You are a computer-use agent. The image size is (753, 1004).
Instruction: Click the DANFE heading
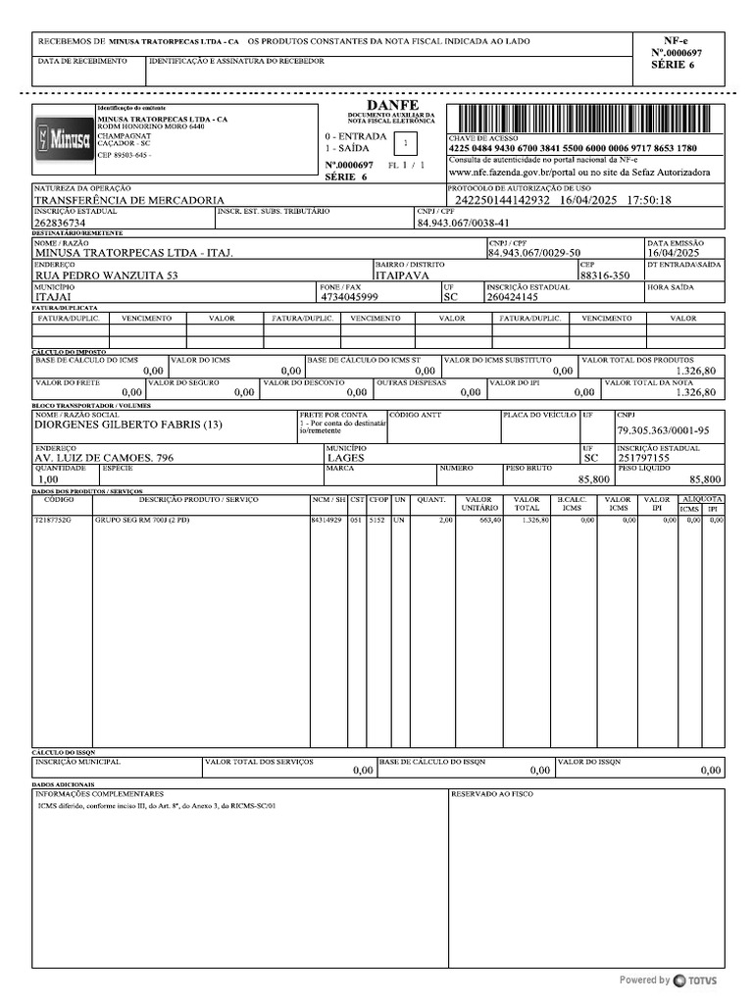coord(392,105)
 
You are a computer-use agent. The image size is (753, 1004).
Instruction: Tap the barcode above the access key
coord(585,119)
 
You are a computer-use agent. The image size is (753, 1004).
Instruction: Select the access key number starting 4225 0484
coord(573,148)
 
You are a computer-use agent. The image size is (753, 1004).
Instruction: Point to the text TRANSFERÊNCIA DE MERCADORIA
coord(129,200)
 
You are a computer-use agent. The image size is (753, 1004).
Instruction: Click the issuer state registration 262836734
coord(61,224)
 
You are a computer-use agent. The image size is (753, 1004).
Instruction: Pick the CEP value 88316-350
coord(605,276)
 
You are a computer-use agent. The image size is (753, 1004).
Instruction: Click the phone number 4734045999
coord(350,296)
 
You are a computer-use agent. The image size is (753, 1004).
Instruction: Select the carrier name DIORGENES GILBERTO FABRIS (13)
coord(128,426)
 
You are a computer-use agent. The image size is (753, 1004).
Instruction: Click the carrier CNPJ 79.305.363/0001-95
coord(664,431)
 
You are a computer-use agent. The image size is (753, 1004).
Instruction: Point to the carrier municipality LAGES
coord(344,458)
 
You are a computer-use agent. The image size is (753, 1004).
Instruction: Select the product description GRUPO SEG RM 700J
coord(141,520)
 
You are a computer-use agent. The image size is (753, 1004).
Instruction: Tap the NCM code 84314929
coord(326,520)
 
